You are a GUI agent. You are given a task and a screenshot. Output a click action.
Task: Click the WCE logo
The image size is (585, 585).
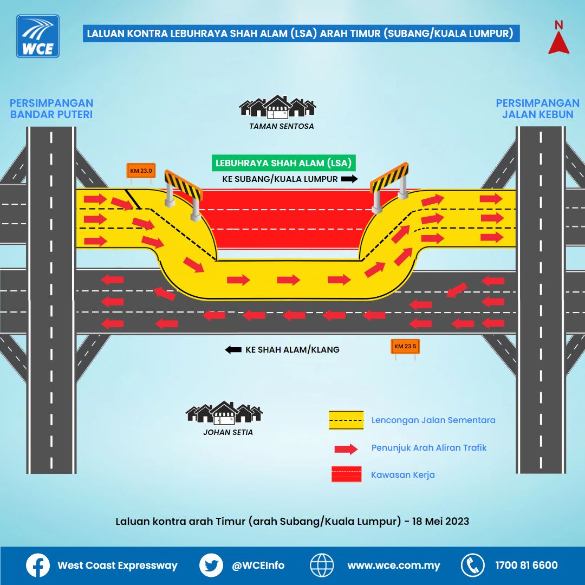pyautogui.click(x=38, y=36)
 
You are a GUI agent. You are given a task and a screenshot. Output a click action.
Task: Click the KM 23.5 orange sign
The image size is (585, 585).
pyautogui.click(x=405, y=347)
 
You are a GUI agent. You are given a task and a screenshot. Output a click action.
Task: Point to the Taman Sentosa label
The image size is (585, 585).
pyautogui.click(x=281, y=126)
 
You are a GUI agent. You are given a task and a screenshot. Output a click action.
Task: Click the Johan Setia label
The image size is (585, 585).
pyautogui.click(x=227, y=432)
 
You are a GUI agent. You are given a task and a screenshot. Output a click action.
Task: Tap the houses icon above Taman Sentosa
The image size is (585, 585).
pyautogui.click(x=277, y=107)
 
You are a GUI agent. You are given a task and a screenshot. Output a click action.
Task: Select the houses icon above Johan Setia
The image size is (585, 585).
pyautogui.click(x=224, y=413)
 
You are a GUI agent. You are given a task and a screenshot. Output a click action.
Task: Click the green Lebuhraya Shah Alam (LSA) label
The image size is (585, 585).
pyautogui.click(x=283, y=163)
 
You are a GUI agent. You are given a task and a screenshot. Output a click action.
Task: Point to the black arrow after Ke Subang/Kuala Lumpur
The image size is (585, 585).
pyautogui.click(x=350, y=179)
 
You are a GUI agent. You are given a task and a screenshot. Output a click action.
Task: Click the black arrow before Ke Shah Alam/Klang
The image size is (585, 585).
pyautogui.click(x=233, y=350)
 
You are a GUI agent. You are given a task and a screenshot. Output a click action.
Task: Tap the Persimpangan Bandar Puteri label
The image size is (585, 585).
pyautogui.click(x=51, y=108)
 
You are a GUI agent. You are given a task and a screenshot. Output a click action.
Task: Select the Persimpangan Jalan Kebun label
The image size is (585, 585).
pyautogui.click(x=537, y=108)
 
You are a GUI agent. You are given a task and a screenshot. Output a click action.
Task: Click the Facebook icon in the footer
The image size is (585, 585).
pyautogui.click(x=38, y=565)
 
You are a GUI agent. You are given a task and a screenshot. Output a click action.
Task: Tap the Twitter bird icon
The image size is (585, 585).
pyautogui.click(x=211, y=565)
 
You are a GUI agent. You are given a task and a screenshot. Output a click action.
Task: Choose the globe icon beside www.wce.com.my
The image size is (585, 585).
pyautogui.click(x=322, y=565)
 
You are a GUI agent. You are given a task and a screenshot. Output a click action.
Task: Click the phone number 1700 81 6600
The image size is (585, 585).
pyautogui.click(x=526, y=565)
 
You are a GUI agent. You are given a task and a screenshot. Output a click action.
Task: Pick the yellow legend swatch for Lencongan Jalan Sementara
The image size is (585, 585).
pyautogui.click(x=346, y=420)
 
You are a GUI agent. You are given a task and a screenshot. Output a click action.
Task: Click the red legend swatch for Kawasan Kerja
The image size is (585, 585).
pyautogui.click(x=346, y=474)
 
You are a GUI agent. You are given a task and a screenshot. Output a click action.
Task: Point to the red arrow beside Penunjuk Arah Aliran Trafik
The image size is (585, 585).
pyautogui.click(x=346, y=448)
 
